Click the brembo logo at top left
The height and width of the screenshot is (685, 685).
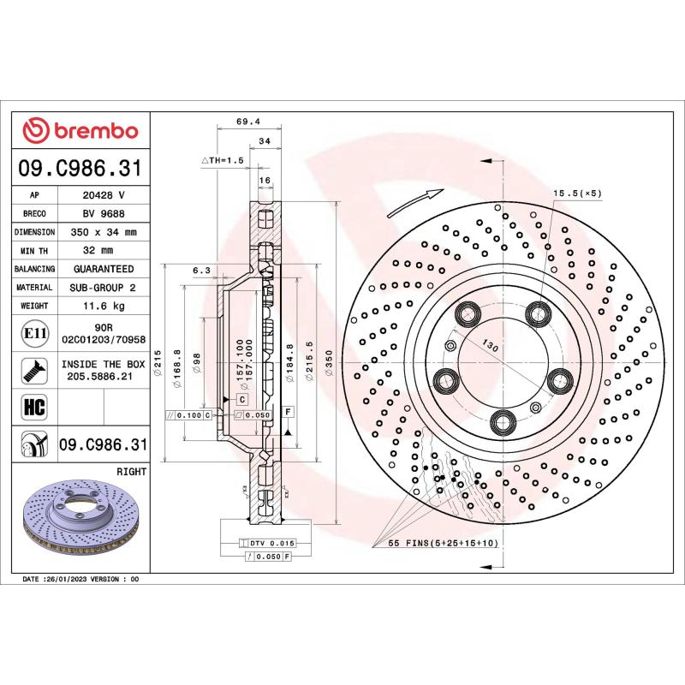pos(80,130)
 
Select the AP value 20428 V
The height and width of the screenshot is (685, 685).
pos(104,195)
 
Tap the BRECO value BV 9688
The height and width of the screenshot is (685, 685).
pos(104,214)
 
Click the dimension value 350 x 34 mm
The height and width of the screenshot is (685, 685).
pos(104,232)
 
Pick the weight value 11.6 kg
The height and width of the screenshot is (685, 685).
pos(104,306)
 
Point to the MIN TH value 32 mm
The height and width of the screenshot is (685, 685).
pos(104,251)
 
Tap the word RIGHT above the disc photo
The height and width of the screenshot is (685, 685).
pos(131,472)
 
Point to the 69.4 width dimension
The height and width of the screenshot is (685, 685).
pos(247,122)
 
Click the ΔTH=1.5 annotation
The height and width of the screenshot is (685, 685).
pos(223,160)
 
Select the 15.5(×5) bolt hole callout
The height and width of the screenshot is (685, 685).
pos(577,193)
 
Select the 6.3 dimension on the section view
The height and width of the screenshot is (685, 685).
pos(201,270)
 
